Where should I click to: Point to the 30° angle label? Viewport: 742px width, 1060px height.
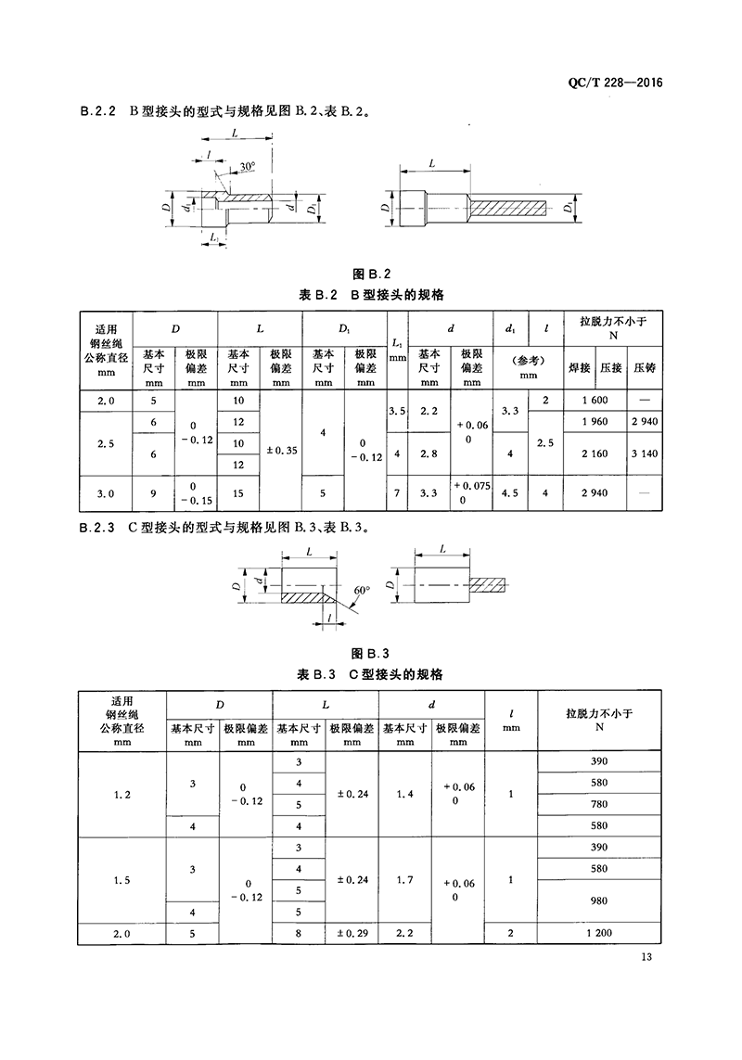point(247,166)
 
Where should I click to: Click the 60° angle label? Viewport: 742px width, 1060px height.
point(361,589)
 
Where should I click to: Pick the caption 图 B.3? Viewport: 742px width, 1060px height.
point(373,651)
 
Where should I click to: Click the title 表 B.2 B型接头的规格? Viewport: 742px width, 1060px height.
point(372,295)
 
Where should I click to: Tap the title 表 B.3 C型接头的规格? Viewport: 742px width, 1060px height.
point(372,672)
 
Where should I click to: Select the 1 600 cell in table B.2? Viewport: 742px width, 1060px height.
point(594,400)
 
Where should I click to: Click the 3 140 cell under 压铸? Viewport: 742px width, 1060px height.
point(644,453)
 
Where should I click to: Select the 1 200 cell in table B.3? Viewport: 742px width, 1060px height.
point(598,932)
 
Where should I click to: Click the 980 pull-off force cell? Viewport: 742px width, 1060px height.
point(598,900)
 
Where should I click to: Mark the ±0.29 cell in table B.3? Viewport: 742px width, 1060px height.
point(352,932)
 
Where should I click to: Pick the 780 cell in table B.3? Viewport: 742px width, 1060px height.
point(598,804)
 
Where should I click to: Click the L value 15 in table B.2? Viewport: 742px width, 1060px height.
point(238,492)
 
